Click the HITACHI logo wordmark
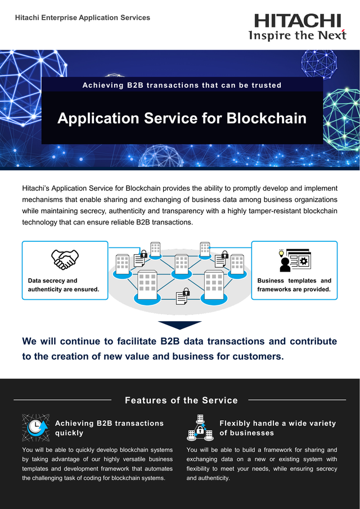click(x=298, y=21)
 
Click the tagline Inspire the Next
click(x=298, y=35)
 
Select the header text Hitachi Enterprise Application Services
click(x=83, y=17)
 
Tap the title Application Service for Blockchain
click(x=182, y=118)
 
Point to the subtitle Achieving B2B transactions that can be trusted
click(x=182, y=85)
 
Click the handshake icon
click(x=65, y=259)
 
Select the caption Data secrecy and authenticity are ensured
click(x=64, y=285)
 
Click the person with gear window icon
click(x=294, y=260)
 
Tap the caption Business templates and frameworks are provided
click(x=294, y=285)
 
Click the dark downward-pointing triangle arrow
click(x=179, y=325)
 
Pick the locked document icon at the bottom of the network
click(x=182, y=296)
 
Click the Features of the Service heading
click(x=181, y=400)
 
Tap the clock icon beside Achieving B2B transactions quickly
click(x=35, y=427)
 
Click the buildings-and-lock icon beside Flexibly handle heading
click(x=200, y=427)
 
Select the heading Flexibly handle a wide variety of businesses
click(x=277, y=428)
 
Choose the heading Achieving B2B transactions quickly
click(x=109, y=428)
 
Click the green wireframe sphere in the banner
click(x=342, y=119)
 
